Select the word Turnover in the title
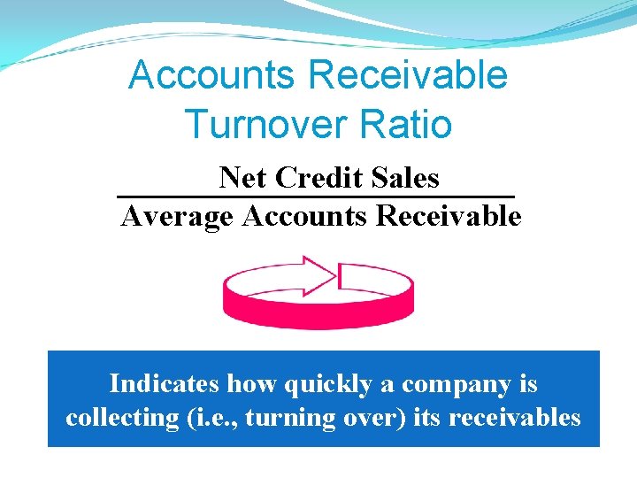[x=266, y=124]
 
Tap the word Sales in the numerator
[x=406, y=178]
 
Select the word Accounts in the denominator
[x=305, y=216]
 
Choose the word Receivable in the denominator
[x=449, y=216]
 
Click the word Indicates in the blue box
[x=165, y=384]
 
